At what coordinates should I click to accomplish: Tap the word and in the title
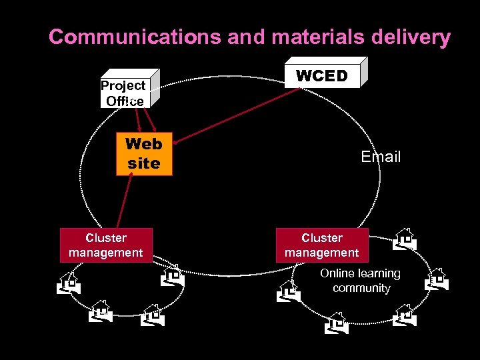click(245, 37)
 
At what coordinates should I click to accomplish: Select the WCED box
click(322, 75)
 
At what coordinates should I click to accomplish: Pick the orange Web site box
click(144, 154)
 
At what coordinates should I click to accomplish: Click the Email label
click(381, 157)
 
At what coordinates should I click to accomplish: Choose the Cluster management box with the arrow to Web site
click(106, 245)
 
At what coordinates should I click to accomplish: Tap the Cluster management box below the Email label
click(321, 245)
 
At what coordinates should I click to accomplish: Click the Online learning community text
click(360, 281)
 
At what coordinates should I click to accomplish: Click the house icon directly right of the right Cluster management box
click(404, 239)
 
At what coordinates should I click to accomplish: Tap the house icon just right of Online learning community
click(437, 279)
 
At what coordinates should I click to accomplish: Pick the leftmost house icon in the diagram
click(68, 283)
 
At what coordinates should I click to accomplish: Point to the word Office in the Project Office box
click(125, 101)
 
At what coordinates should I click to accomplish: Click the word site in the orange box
click(144, 163)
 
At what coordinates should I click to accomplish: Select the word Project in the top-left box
click(123, 85)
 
